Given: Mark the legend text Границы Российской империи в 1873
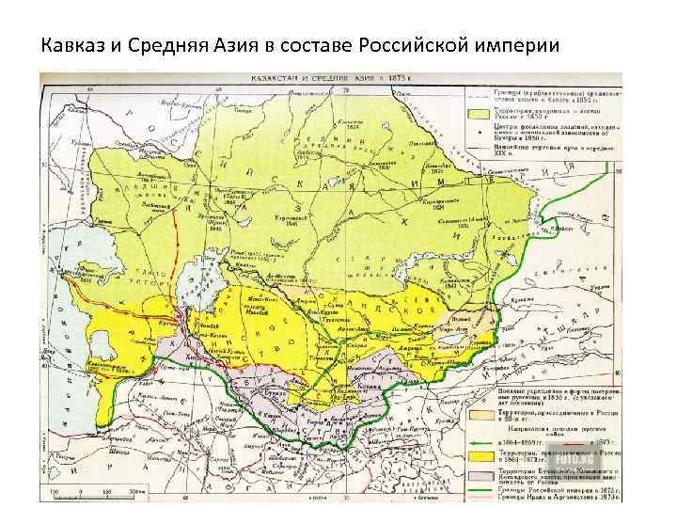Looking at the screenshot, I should pos(564,488).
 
